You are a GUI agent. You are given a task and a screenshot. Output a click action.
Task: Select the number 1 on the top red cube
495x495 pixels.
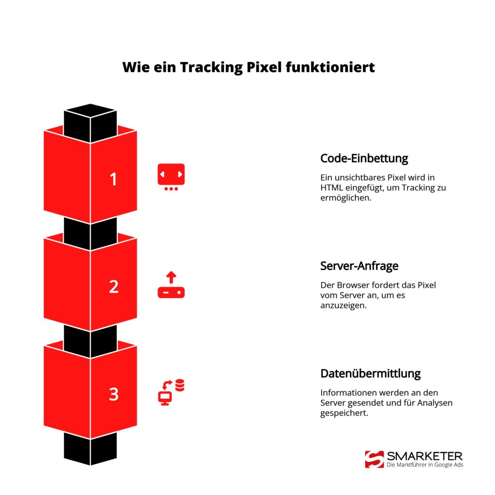[113, 179]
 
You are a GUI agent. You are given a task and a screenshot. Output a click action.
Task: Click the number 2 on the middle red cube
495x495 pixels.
[113, 287]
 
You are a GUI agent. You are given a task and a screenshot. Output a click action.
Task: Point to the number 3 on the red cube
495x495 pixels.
[113, 394]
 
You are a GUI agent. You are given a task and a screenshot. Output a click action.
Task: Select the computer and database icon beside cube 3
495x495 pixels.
[171, 392]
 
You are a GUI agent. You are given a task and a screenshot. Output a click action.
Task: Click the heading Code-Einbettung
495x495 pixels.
[364, 158]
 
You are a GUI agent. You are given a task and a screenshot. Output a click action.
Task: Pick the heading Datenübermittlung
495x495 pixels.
[370, 373]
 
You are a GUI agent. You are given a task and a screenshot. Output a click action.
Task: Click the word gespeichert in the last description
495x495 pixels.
[344, 413]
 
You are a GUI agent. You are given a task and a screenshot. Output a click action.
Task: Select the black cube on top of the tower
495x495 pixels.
[91, 121]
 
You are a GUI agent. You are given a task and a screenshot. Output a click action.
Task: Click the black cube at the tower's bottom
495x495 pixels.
[91, 449]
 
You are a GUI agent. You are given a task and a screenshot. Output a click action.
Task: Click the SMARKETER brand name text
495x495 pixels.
[424, 456]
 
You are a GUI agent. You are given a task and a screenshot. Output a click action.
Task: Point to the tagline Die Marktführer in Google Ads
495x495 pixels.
[425, 465]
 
